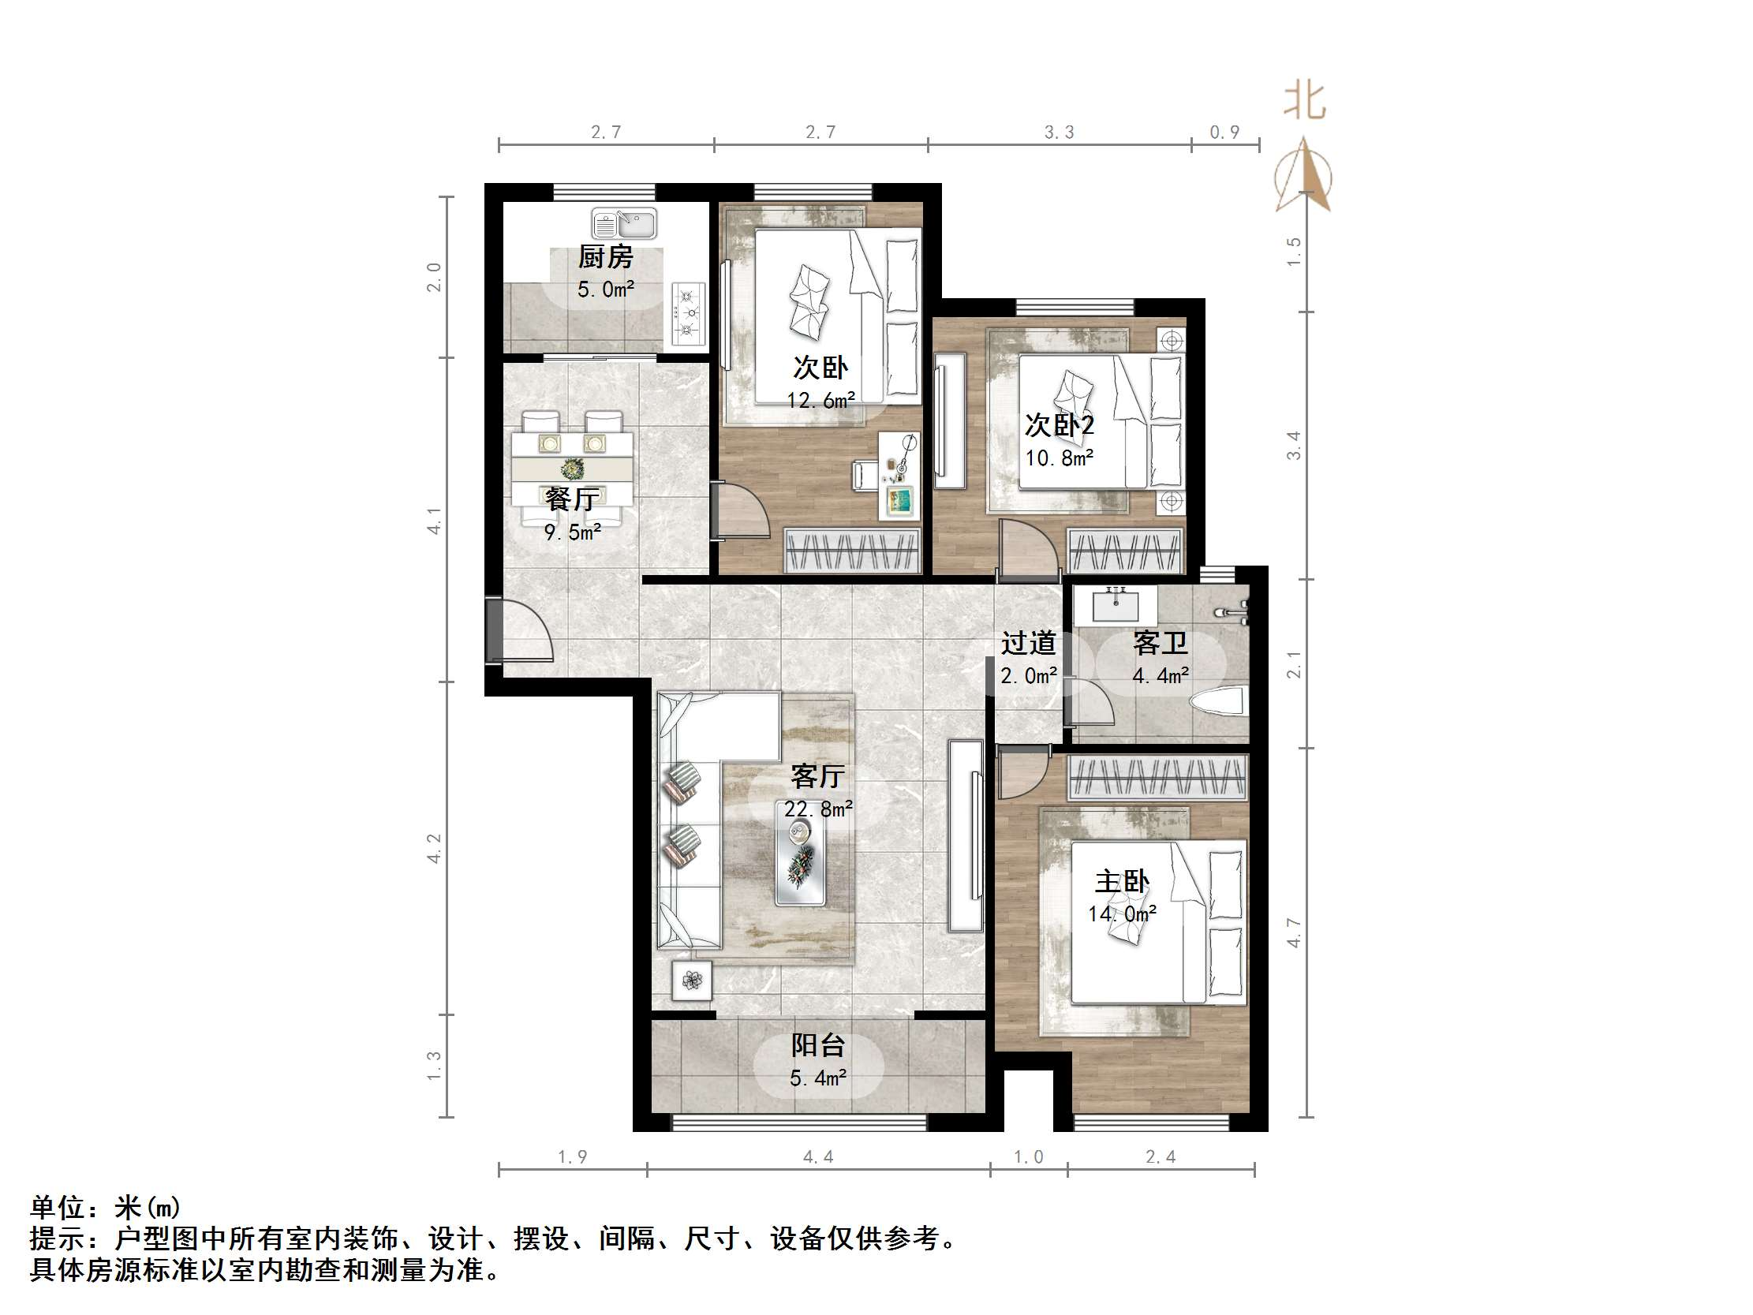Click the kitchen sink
tap(624, 223)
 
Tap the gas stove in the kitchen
tap(688, 314)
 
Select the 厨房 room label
tap(605, 257)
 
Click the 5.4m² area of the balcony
tap(818, 1078)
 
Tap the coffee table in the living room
tap(801, 853)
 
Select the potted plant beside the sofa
tap(692, 981)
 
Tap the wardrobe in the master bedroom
tap(1157, 776)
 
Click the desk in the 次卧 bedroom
tap(899, 476)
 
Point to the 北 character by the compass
tap(1304, 103)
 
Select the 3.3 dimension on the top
tap(1059, 133)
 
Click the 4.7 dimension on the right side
tap(1293, 932)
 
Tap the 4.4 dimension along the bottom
tap(818, 1157)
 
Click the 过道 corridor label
tap(1028, 643)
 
